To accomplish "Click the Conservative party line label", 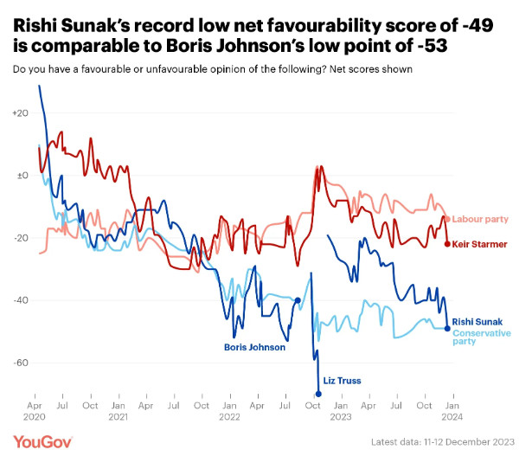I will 482,337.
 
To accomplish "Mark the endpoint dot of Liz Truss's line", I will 318,394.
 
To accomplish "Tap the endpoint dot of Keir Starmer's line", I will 447,244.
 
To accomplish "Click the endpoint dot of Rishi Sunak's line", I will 447,328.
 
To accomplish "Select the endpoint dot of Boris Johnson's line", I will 298,300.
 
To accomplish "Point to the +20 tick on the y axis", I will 21,113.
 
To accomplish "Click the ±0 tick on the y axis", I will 22,176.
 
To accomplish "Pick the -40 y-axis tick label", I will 21,300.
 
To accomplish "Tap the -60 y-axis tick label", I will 21,363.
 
